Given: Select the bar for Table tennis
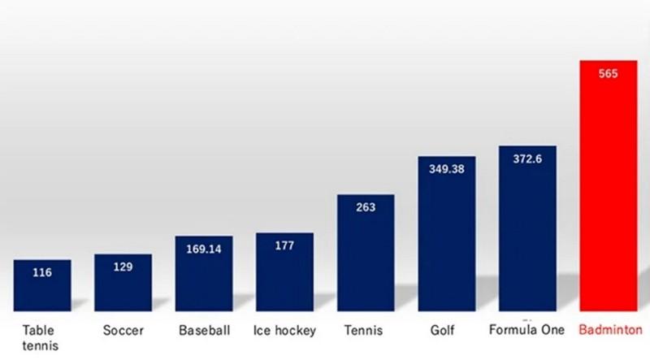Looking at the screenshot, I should pyautogui.click(x=42, y=284).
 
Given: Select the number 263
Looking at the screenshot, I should pyautogui.click(x=366, y=206).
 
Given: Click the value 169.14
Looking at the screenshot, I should pyautogui.click(x=204, y=249).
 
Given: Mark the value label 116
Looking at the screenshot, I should pyautogui.click(x=42, y=272).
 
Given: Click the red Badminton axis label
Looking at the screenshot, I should pyautogui.click(x=609, y=331).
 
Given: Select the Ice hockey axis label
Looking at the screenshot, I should pyautogui.click(x=284, y=332).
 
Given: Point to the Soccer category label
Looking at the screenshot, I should pyautogui.click(x=123, y=332).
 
